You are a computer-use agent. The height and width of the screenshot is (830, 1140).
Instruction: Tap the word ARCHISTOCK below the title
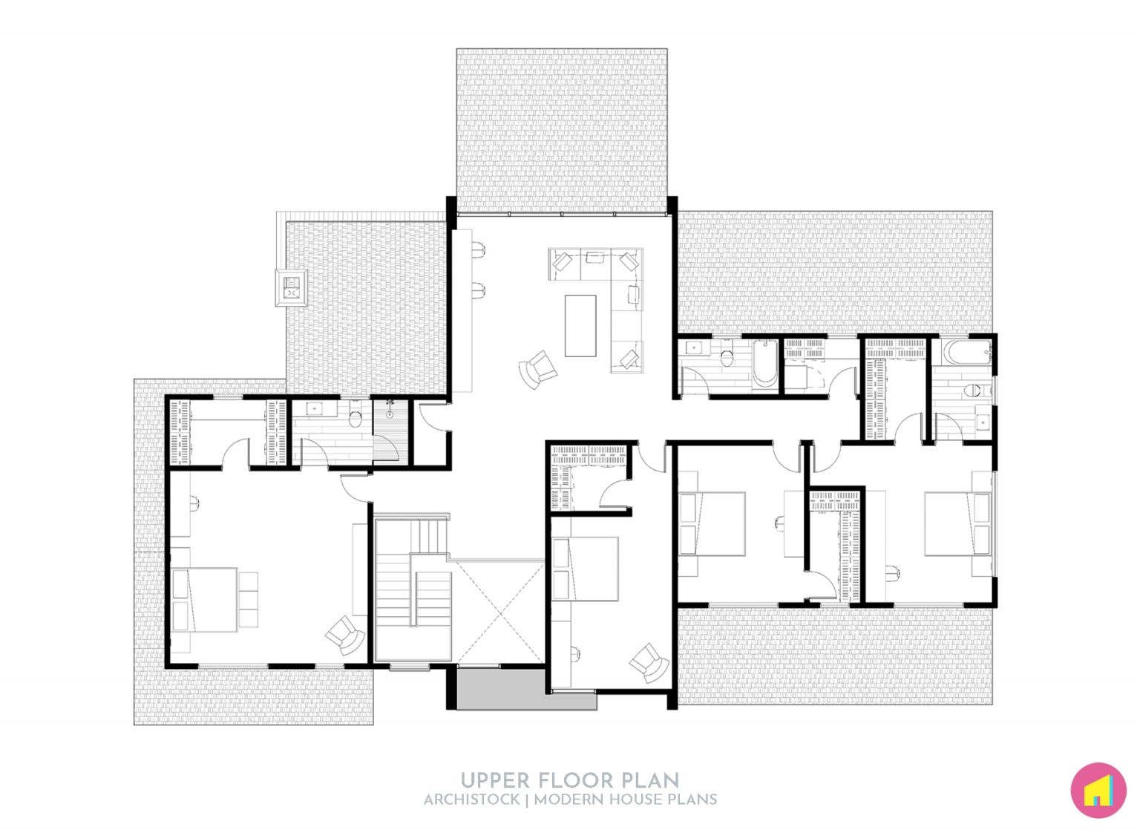tap(471, 800)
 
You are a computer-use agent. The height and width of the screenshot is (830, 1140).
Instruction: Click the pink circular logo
tap(1098, 791)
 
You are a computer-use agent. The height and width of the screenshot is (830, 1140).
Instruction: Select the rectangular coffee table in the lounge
tap(580, 326)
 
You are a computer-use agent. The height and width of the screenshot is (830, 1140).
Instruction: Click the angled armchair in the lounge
tap(538, 369)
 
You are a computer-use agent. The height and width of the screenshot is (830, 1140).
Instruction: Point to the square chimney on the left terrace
tap(292, 287)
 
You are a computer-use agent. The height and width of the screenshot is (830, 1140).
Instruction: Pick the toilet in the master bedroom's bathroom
tap(355, 419)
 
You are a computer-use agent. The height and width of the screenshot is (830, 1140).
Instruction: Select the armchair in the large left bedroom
tap(345, 635)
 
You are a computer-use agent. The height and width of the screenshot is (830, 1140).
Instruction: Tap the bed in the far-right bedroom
tap(957, 523)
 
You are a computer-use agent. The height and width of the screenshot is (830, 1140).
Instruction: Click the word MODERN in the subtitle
tap(569, 800)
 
